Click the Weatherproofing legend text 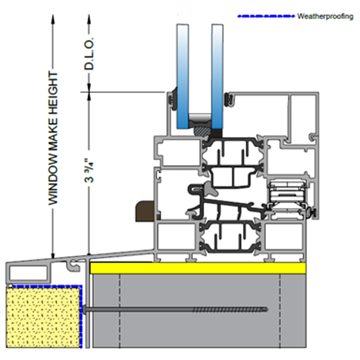325,17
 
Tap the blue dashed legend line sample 266,17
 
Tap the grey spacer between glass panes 199,117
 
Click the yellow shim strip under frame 197,268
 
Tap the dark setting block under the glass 203,129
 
